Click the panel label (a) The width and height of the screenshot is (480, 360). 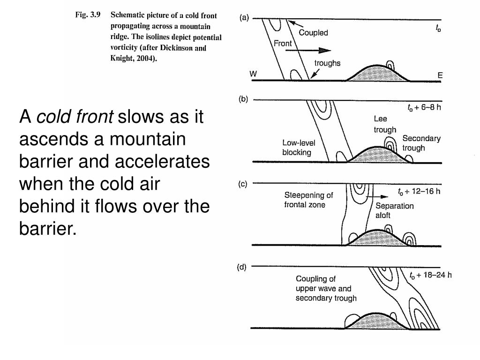pos(245,18)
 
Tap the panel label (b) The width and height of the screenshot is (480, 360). pos(245,99)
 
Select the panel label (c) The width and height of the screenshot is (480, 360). pos(242,184)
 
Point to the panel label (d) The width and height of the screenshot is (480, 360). pos(242,267)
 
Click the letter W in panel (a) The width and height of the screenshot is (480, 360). pos(254,75)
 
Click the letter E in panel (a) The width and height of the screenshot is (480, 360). pos(440,75)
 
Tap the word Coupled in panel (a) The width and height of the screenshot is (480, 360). pos(314,33)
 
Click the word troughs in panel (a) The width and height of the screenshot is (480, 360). pos(327,63)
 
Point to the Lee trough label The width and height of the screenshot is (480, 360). pos(384,125)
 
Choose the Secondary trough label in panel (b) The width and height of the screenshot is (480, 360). pos(421,143)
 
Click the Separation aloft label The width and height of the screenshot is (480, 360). pos(395,211)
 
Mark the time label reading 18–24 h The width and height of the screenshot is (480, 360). pos(430,275)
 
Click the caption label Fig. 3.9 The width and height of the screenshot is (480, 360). pos(88,15)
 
